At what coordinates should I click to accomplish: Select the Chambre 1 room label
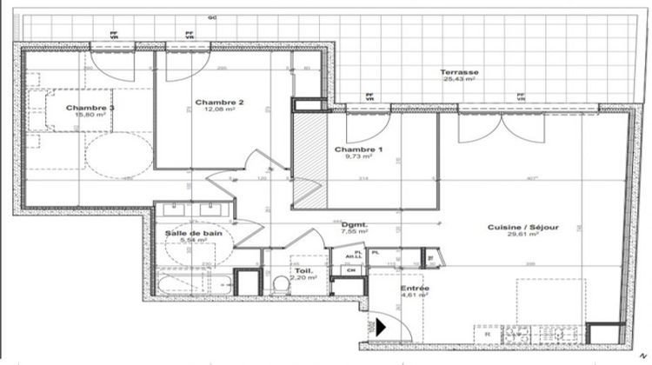(358, 149)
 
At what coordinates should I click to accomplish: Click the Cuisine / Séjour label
(529, 227)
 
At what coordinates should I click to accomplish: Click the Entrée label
(415, 288)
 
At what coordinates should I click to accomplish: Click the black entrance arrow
(380, 328)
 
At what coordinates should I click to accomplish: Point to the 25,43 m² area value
(459, 80)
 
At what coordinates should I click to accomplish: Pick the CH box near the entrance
(351, 270)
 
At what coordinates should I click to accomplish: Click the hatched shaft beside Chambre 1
(303, 156)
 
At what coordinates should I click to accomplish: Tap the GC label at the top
(211, 17)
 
